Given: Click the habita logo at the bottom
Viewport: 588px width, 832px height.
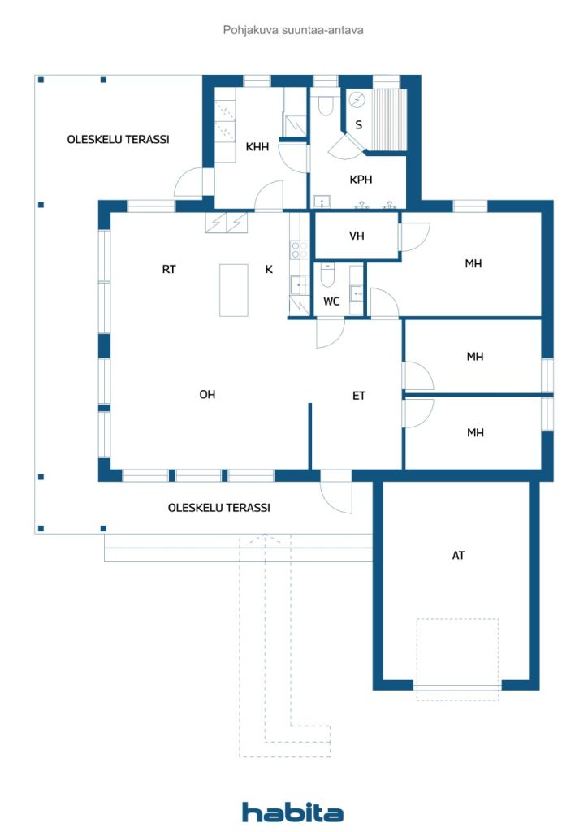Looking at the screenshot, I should [x=292, y=812].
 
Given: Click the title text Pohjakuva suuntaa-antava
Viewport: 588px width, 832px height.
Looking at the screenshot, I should [x=293, y=30].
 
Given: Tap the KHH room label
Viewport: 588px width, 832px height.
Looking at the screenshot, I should [x=257, y=147].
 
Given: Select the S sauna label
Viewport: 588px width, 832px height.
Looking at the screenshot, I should [x=358, y=125].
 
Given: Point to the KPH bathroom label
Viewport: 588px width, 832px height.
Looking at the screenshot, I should [x=361, y=180].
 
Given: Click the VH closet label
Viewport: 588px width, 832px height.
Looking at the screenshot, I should [x=356, y=236].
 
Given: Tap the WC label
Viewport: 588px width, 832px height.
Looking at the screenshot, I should [x=331, y=301].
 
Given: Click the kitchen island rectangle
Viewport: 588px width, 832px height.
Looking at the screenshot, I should [x=233, y=290].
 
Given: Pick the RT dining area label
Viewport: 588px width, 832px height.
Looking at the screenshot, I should [x=169, y=270].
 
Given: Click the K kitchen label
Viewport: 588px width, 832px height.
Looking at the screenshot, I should [x=269, y=270].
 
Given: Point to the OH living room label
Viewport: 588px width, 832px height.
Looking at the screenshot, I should [x=208, y=395].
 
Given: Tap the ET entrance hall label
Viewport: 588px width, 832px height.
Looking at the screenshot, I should [x=358, y=396].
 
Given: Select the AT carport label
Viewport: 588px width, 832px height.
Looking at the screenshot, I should [x=459, y=557].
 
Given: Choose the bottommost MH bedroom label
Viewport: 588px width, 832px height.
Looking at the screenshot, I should [x=475, y=433].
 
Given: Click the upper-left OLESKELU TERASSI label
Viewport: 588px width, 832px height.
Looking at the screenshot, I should [x=118, y=139].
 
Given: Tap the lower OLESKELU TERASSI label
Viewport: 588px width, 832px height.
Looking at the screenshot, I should [x=218, y=507].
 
